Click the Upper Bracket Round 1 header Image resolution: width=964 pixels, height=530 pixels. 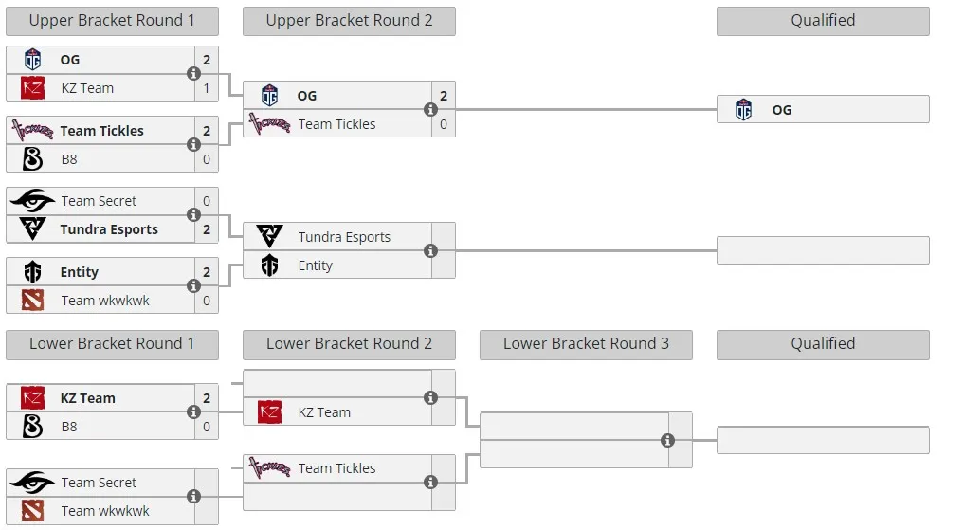tap(112, 20)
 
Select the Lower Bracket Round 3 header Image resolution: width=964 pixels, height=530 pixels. tap(586, 344)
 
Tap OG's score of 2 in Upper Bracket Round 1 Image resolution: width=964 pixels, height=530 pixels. tap(207, 60)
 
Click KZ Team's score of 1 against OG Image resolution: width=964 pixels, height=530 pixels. tap(207, 88)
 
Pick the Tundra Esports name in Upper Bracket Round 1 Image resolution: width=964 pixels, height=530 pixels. tap(109, 229)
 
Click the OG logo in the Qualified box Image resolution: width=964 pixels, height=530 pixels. tap(743, 109)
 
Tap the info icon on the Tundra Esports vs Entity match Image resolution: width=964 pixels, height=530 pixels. tap(431, 251)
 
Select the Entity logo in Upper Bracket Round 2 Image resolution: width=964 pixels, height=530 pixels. tap(269, 265)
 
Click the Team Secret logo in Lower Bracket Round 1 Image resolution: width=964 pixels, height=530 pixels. tap(32, 483)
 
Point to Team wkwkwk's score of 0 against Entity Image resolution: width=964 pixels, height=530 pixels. tap(207, 301)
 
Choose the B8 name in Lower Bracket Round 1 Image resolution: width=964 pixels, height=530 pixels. tap(69, 427)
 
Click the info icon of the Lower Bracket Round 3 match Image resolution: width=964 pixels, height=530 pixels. tap(667, 440)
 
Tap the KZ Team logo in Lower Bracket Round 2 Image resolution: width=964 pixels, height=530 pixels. tap(269, 411)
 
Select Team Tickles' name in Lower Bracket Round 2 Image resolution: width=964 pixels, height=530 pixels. tap(336, 468)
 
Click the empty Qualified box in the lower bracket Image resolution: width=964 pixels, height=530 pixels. tap(823, 440)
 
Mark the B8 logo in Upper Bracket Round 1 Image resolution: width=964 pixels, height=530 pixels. tap(32, 159)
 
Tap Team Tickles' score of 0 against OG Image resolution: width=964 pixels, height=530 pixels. tap(444, 124)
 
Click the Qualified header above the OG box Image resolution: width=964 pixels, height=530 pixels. tap(823, 20)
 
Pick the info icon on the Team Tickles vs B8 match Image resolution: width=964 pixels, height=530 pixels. tap(193, 144)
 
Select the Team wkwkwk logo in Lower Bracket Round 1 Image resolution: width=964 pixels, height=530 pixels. tap(32, 511)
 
